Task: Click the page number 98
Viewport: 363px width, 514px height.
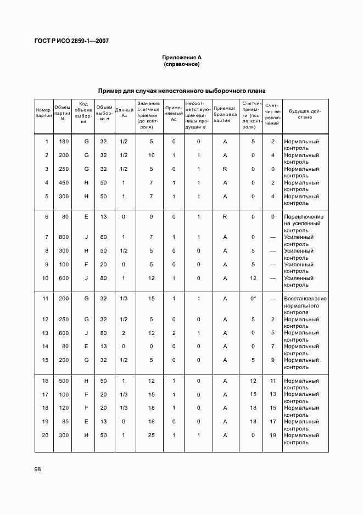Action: (38, 469)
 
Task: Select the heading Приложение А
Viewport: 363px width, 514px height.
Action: (181, 57)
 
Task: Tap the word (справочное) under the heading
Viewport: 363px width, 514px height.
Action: (181, 64)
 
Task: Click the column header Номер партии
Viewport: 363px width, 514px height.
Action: (43, 113)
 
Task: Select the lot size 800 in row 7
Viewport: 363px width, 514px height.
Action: (64, 237)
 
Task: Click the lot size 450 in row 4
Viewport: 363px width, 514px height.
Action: (64, 183)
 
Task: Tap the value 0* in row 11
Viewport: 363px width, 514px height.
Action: (253, 299)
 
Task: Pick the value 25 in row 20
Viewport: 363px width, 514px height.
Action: (151, 435)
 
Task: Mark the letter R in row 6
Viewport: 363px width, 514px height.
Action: (225, 217)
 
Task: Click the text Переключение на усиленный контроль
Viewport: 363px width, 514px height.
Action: (303, 224)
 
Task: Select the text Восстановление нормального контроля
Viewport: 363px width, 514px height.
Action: (305, 305)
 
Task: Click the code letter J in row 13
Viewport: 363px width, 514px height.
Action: (86, 333)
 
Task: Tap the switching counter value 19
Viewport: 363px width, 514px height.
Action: (272, 435)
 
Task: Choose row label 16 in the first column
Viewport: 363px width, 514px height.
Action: (46, 381)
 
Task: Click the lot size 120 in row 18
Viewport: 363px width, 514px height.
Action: (64, 408)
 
